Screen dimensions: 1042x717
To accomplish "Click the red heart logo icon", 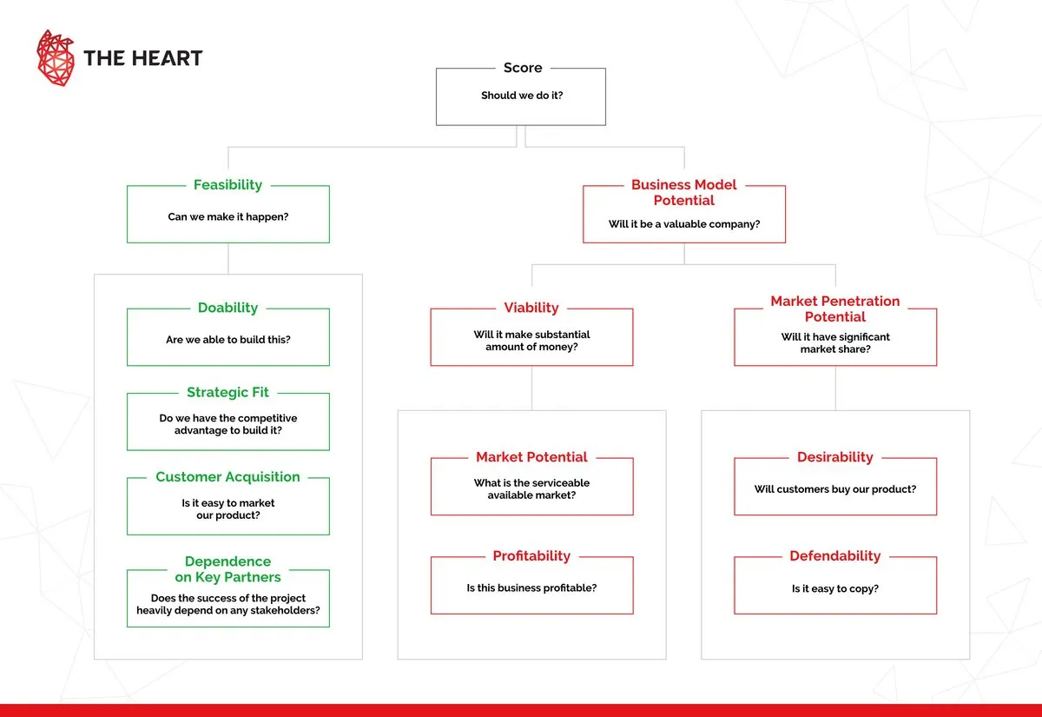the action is pyautogui.click(x=56, y=58).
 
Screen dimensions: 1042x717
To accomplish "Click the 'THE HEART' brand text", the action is pyautogui.click(x=142, y=59).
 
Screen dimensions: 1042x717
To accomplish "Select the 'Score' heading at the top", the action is pyautogui.click(x=522, y=68).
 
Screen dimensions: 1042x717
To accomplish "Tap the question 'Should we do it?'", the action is pyautogui.click(x=522, y=96).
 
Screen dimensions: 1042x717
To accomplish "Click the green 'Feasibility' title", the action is pyautogui.click(x=228, y=185).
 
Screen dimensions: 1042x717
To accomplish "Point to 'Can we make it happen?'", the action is pyautogui.click(x=228, y=216).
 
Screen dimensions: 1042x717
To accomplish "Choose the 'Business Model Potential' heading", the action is pyautogui.click(x=683, y=192).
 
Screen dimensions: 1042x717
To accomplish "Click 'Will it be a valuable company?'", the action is pyautogui.click(x=683, y=224).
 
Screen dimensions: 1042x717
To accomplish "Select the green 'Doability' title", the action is pyautogui.click(x=228, y=308).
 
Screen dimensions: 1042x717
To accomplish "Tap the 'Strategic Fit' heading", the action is pyautogui.click(x=228, y=393).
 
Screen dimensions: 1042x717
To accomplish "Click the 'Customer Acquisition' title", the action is pyautogui.click(x=228, y=477).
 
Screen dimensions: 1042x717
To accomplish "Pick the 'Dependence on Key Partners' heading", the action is pyautogui.click(x=228, y=569).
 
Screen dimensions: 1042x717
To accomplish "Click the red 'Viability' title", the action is pyautogui.click(x=531, y=308).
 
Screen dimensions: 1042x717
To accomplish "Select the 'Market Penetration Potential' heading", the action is pyautogui.click(x=834, y=309).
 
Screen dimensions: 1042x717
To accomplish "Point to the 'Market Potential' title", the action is pyautogui.click(x=531, y=457).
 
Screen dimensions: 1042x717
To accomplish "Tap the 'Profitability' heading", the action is pyautogui.click(x=531, y=556).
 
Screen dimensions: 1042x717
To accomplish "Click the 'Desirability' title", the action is pyautogui.click(x=834, y=457).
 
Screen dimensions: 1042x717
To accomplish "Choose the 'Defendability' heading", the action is pyautogui.click(x=834, y=556).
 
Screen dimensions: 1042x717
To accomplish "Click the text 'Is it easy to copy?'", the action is pyautogui.click(x=834, y=588).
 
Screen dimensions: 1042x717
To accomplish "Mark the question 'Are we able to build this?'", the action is pyautogui.click(x=228, y=340).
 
